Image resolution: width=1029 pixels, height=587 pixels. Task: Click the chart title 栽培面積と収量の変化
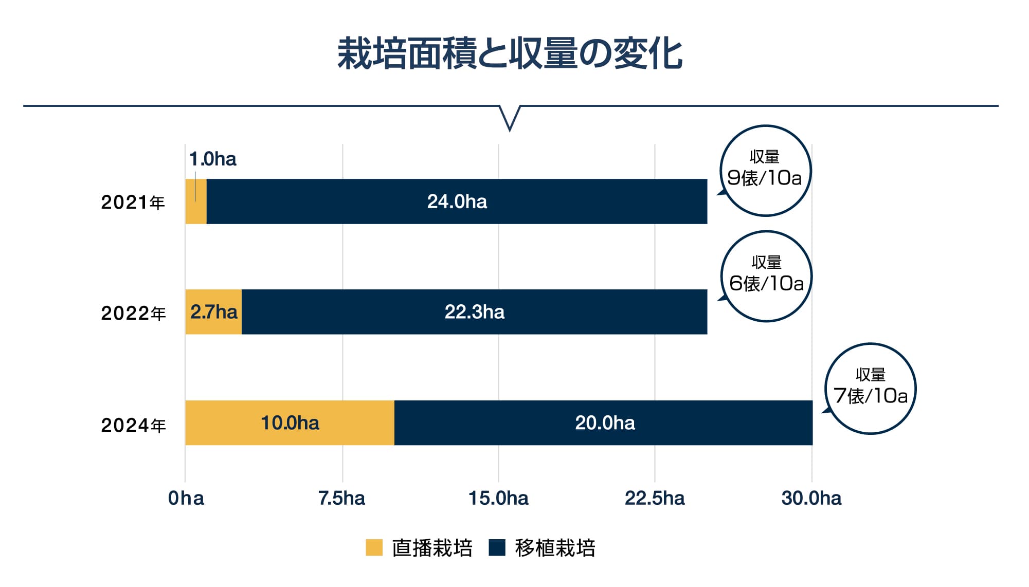[x=510, y=53]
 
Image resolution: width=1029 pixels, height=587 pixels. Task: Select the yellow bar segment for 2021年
[x=196, y=211]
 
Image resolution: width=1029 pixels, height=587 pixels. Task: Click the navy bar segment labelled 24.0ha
[x=457, y=201]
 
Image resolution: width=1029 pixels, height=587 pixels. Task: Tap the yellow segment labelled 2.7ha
[x=213, y=312]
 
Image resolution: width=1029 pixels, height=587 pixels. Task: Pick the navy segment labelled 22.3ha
[x=474, y=312]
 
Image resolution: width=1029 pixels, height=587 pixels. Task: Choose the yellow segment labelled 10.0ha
[x=290, y=423]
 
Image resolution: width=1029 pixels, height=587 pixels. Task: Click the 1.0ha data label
[x=213, y=159]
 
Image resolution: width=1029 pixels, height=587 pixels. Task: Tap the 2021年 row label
[x=133, y=203]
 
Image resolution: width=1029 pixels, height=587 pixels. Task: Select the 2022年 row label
[x=133, y=313]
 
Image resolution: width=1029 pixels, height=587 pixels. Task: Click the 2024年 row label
[x=133, y=425]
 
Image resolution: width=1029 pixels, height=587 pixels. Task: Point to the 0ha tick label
[x=186, y=498]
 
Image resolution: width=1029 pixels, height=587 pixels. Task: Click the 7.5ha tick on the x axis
[x=341, y=498]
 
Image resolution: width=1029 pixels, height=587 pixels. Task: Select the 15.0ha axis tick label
[x=498, y=498]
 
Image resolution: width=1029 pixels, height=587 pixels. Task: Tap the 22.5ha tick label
[x=655, y=498]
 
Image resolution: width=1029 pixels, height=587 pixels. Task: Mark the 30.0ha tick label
[x=811, y=498]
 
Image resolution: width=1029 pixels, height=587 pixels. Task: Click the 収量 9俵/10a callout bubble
[x=765, y=170]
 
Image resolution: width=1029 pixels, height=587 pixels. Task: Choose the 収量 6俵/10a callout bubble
[x=766, y=276]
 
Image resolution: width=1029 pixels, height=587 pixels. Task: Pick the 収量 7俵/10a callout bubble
[x=871, y=389]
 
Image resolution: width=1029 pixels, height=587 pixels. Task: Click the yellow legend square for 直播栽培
[x=374, y=547]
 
